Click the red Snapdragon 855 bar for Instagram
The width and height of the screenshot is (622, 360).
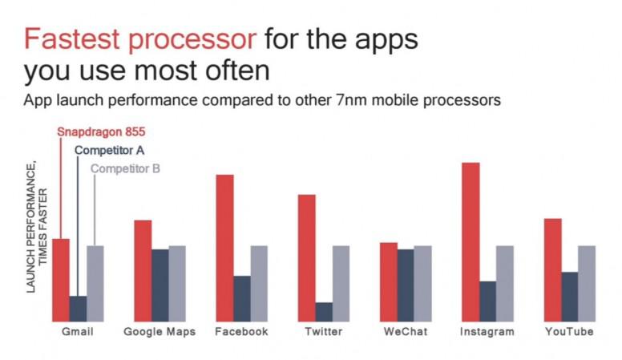click(x=471, y=242)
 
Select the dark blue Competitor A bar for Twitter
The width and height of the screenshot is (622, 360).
click(x=324, y=312)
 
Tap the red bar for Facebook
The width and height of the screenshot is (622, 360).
click(x=225, y=248)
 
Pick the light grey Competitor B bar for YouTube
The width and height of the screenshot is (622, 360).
click(x=587, y=284)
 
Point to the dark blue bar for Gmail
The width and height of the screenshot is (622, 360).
click(x=78, y=309)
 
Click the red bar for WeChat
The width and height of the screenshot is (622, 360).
click(x=389, y=282)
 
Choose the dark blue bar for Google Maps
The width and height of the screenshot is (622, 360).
click(x=160, y=285)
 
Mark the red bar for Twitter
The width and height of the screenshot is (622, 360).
click(x=307, y=258)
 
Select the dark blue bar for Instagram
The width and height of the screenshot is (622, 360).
click(x=488, y=301)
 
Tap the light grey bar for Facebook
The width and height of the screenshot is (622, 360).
click(x=259, y=284)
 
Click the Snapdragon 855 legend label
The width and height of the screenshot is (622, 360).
click(x=101, y=131)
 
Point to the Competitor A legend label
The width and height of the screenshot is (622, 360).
click(x=109, y=151)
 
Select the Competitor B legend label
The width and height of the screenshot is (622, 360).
click(x=125, y=168)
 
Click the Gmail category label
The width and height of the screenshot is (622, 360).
click(x=78, y=331)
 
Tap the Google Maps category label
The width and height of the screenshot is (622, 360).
click(x=160, y=332)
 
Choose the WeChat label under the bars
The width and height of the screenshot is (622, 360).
click(x=406, y=331)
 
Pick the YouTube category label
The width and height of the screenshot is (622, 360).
click(x=569, y=331)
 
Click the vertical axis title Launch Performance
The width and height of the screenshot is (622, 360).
click(x=30, y=227)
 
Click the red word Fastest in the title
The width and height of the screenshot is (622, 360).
click(x=72, y=39)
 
